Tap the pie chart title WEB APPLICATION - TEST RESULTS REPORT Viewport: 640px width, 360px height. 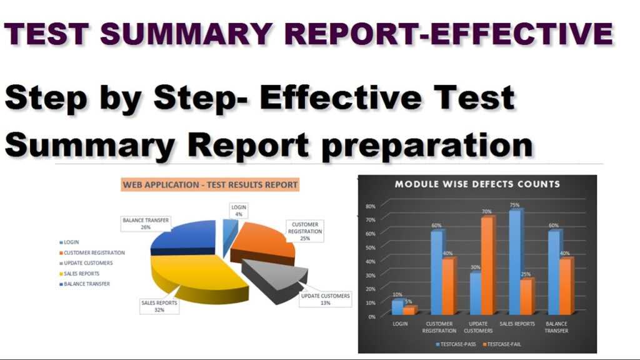tap(210, 185)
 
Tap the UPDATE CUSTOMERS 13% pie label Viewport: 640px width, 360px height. tap(325, 299)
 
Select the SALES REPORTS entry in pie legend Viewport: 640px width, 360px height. tap(81, 274)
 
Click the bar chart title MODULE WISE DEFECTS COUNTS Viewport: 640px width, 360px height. tap(477, 184)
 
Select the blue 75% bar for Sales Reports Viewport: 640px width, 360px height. tap(515, 262)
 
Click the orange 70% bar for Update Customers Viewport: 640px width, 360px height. tap(487, 266)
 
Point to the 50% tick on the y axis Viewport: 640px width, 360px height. tap(370, 261)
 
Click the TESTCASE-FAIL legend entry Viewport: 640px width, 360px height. tap(504, 344)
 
